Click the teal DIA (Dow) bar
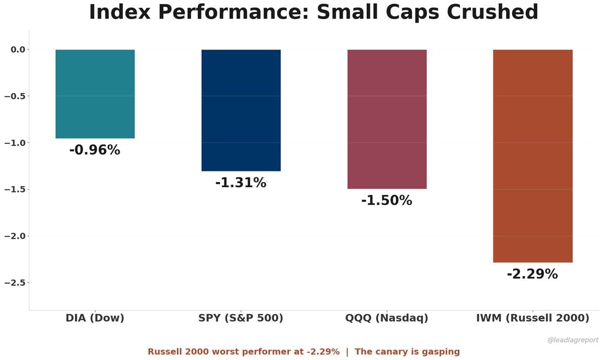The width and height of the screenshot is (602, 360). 95,94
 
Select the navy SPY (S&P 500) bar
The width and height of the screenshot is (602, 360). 241,110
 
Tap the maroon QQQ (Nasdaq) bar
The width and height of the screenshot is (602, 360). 387,119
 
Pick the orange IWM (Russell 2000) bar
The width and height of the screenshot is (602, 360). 532,156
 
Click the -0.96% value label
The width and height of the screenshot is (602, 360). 95,150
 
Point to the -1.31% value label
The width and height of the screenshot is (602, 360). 241,183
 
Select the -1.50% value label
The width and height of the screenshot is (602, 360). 387,201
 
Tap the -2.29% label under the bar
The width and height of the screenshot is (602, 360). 532,274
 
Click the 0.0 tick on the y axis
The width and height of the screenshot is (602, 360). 18,49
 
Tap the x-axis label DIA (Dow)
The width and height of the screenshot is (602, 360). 95,318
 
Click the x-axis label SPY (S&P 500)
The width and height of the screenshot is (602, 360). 241,318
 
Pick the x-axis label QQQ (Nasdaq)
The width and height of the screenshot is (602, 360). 387,318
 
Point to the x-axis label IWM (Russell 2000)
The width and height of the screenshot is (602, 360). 532,318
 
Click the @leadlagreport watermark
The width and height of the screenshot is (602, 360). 572,340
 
